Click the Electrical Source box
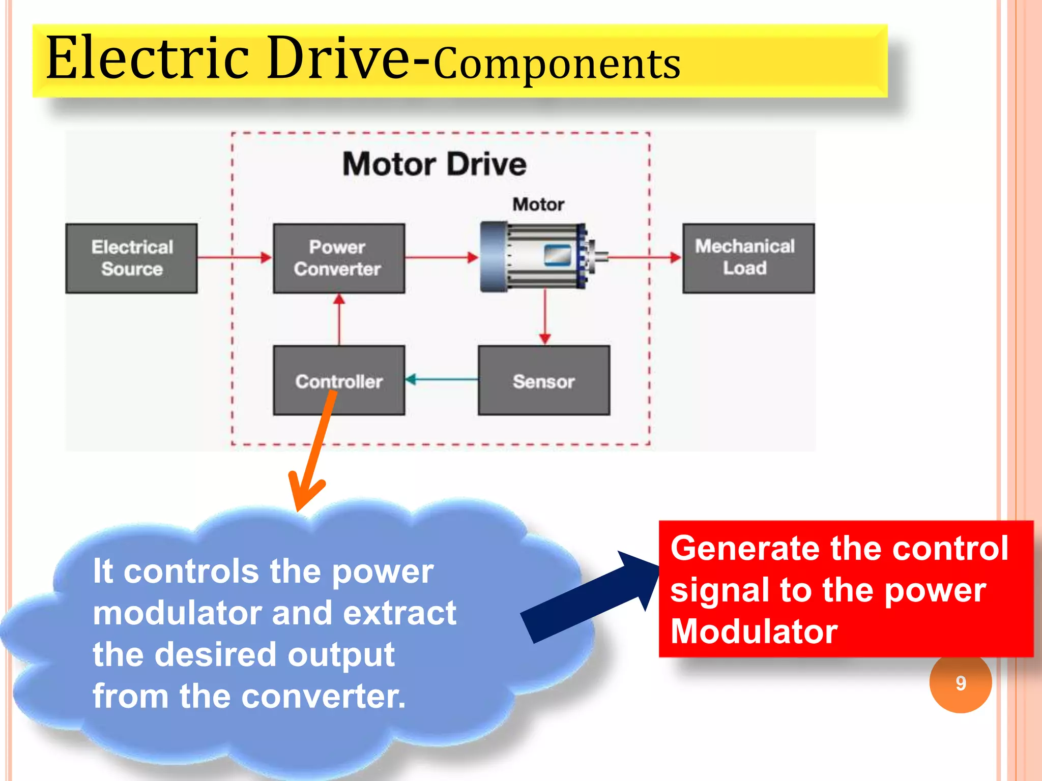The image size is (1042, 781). click(131, 258)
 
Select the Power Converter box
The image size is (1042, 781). click(339, 258)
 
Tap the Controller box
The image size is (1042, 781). click(339, 380)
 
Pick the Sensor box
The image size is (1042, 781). click(544, 380)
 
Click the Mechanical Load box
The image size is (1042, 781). click(748, 258)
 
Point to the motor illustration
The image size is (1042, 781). click(539, 257)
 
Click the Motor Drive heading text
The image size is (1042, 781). click(435, 164)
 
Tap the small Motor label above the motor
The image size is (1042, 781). click(538, 204)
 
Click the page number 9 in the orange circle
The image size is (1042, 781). click(961, 683)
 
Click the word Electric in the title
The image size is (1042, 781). click(148, 58)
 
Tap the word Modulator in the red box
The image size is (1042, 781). click(754, 632)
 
